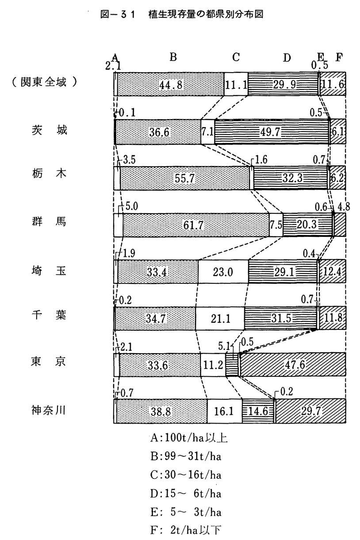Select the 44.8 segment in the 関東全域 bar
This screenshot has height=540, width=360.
[x=171, y=84]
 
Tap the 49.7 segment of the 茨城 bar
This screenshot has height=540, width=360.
[x=272, y=131]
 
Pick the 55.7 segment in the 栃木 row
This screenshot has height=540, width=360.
[x=185, y=178]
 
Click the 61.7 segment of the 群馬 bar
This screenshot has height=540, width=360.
[x=196, y=225]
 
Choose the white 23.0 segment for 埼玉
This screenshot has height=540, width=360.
[x=223, y=271]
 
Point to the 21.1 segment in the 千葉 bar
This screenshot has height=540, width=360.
[x=220, y=318]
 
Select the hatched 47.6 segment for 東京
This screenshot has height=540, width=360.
[x=293, y=365]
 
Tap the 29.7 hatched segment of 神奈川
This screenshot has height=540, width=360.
[x=310, y=411]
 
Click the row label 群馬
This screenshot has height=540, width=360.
[x=49, y=221]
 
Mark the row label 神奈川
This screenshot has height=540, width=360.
[x=48, y=410]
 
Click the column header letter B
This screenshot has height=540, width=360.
[x=173, y=57]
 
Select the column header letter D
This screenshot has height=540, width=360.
[x=287, y=58]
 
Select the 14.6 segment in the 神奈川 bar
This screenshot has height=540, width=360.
[x=258, y=411]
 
